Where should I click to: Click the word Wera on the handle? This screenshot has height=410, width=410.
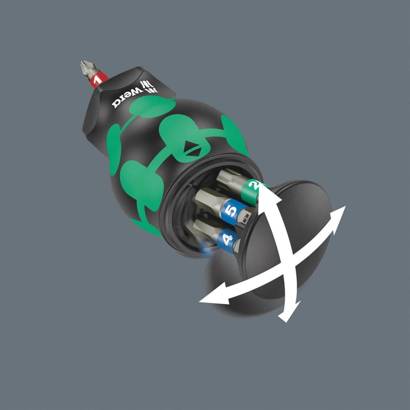pos(125,98)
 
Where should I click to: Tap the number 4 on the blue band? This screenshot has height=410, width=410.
pos(227,239)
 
